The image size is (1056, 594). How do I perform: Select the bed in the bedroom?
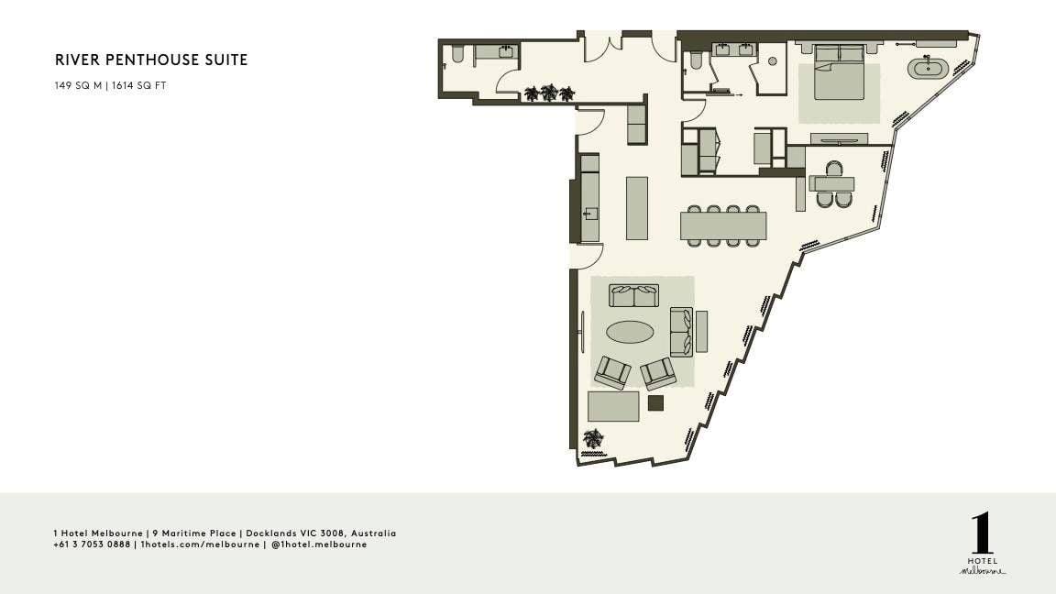coord(839,72)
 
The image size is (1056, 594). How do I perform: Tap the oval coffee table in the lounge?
coord(630,331)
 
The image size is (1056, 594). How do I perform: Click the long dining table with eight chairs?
coord(723,225)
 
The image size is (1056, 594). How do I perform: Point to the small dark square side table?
coord(655,402)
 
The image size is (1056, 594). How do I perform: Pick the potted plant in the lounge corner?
coord(593,438)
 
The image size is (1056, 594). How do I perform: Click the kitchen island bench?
coord(637,208)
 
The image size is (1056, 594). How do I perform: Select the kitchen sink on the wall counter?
coord(590,214)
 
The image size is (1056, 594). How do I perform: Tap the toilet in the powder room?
coord(458,55)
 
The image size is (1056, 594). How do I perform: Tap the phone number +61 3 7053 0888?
coord(92,544)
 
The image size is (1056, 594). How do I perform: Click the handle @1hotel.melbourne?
coord(319,544)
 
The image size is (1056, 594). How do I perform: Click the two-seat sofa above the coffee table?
coord(633,296)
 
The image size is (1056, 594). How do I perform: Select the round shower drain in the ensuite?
coord(773,61)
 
